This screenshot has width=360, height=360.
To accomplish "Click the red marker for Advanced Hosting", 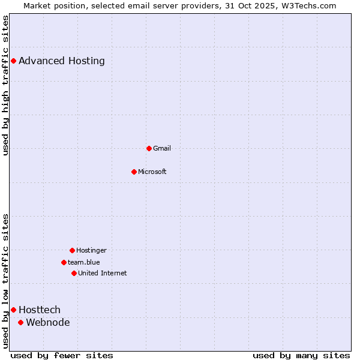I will click(13, 61).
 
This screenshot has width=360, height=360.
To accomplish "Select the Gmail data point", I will click(149, 148).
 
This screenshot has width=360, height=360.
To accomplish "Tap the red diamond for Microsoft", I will click(134, 172).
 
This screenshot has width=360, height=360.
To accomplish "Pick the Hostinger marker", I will click(72, 250).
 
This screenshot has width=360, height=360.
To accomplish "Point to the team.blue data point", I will click(64, 262).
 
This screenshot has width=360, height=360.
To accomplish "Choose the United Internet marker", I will click(74, 273).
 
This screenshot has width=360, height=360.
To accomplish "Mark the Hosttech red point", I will click(13, 310).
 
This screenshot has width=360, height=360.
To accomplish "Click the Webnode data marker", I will click(20, 322).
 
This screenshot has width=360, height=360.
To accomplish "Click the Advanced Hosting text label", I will click(62, 61).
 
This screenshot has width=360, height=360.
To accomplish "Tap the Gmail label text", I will click(162, 148).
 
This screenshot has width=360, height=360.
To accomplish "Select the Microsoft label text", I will click(152, 172).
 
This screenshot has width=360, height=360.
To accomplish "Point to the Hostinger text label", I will click(91, 250).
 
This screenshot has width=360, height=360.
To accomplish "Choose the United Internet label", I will click(103, 273).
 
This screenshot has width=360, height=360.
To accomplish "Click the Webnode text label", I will click(48, 322).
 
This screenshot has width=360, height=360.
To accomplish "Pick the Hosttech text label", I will click(40, 310).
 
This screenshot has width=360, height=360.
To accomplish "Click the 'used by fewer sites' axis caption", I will click(62, 355).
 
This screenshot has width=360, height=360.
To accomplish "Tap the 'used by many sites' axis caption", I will click(301, 355).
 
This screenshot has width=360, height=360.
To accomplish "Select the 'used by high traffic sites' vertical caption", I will click(6, 85).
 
